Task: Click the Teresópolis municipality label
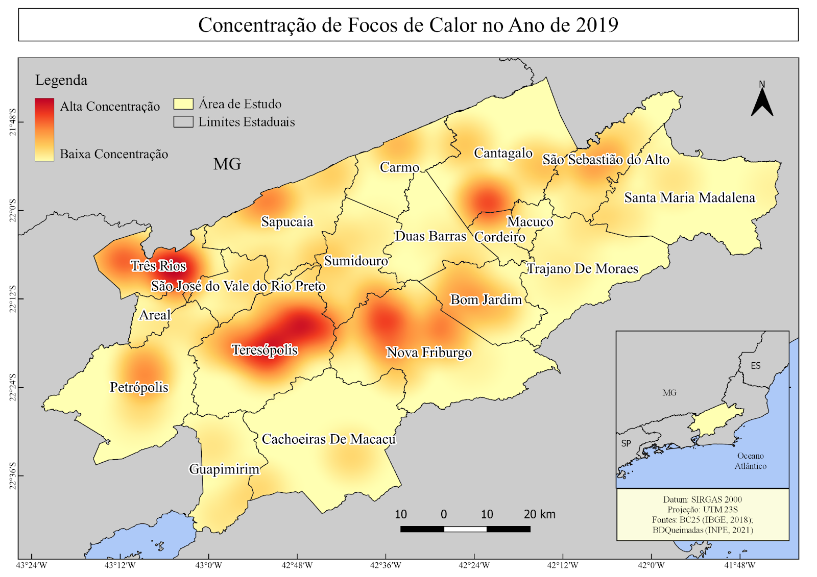[x=265, y=350]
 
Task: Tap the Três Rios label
[x=158, y=266]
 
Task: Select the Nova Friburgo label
[x=429, y=353]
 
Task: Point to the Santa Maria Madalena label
[x=689, y=198]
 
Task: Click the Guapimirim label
[x=224, y=469]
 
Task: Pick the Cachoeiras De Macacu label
[x=328, y=439]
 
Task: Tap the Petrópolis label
[x=139, y=387]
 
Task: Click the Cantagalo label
[x=503, y=153]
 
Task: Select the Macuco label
[x=530, y=222]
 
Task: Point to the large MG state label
[x=227, y=164]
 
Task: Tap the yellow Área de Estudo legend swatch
[x=183, y=104]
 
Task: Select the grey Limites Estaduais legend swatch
[x=183, y=122]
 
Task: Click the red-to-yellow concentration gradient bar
[x=44, y=130]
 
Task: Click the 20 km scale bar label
[x=539, y=514]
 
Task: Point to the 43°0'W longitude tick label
[x=209, y=565]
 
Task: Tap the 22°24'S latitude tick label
[x=12, y=387]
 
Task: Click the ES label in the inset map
[x=756, y=366]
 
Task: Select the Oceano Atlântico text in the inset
[x=750, y=461]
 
